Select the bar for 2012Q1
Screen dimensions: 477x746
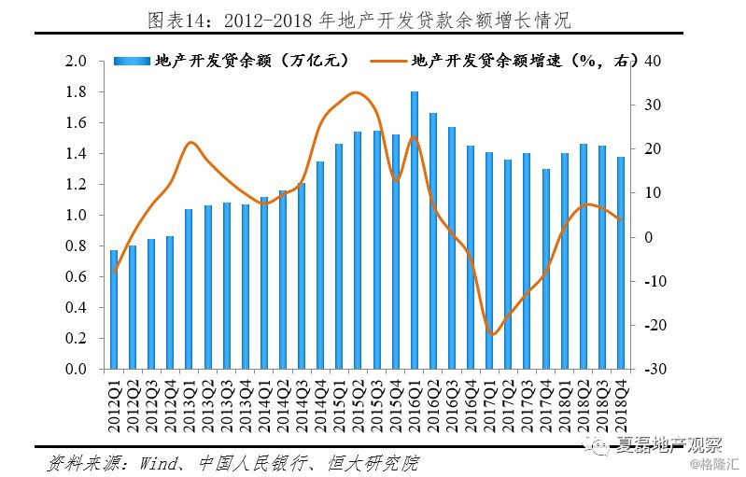click(x=114, y=309)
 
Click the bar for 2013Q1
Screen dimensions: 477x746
click(x=189, y=288)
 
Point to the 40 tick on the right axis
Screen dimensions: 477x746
click(x=654, y=62)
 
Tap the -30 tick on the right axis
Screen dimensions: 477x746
click(x=654, y=370)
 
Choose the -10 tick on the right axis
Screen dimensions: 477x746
click(x=654, y=281)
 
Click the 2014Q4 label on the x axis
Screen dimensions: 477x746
click(x=320, y=400)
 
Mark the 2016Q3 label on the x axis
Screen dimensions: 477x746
click(x=452, y=400)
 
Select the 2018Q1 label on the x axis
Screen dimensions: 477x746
click(x=564, y=400)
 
